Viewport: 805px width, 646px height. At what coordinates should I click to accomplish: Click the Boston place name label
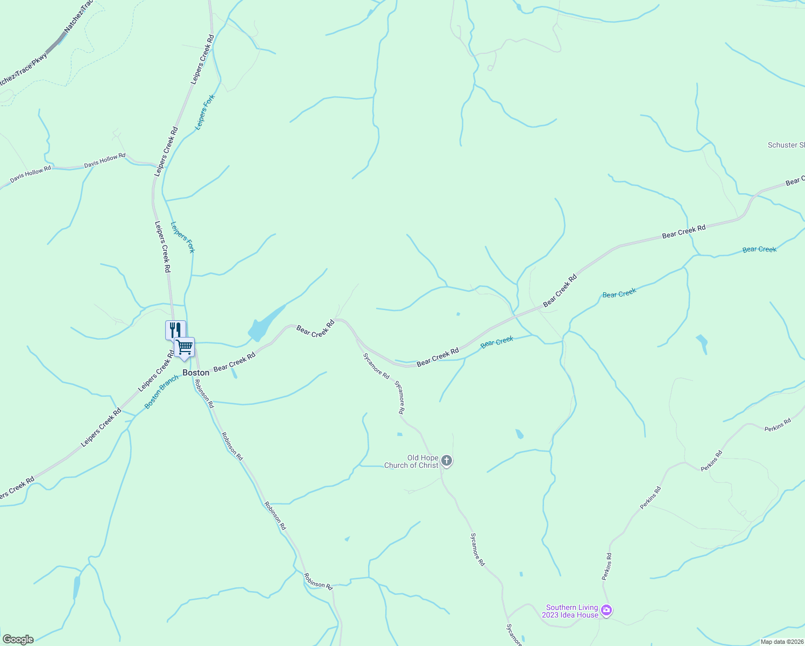coord(196,373)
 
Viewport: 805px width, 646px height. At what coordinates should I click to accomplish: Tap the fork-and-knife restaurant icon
coord(175,329)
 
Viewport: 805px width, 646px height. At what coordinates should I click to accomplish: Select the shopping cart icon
coord(185,346)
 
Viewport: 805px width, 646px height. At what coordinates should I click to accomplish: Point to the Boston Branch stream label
coord(161,391)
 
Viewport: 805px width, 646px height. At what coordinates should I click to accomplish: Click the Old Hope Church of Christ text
coord(411,462)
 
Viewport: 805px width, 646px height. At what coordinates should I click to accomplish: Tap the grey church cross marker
coord(447,461)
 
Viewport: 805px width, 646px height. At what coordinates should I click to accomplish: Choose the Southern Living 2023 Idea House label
coord(572,611)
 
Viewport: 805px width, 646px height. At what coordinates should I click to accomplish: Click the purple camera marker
coord(606,610)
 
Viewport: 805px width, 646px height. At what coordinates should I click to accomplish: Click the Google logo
coord(17,640)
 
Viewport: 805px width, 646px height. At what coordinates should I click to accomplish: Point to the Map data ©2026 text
coord(781,642)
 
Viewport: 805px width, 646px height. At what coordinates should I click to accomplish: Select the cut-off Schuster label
coord(786,145)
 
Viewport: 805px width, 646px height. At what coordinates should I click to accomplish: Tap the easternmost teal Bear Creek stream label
coord(759,249)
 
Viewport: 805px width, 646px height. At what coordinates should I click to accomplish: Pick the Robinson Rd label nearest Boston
coord(204,394)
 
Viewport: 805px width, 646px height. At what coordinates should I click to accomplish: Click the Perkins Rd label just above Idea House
coord(606,566)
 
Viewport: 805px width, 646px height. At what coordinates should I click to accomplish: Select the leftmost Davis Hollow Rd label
coord(31,173)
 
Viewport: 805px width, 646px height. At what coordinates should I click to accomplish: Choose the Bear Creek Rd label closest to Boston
coord(234,362)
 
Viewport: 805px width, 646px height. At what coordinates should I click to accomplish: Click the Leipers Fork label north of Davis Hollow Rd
coord(204,112)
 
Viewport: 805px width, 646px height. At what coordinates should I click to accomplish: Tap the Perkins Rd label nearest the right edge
coord(778,425)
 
